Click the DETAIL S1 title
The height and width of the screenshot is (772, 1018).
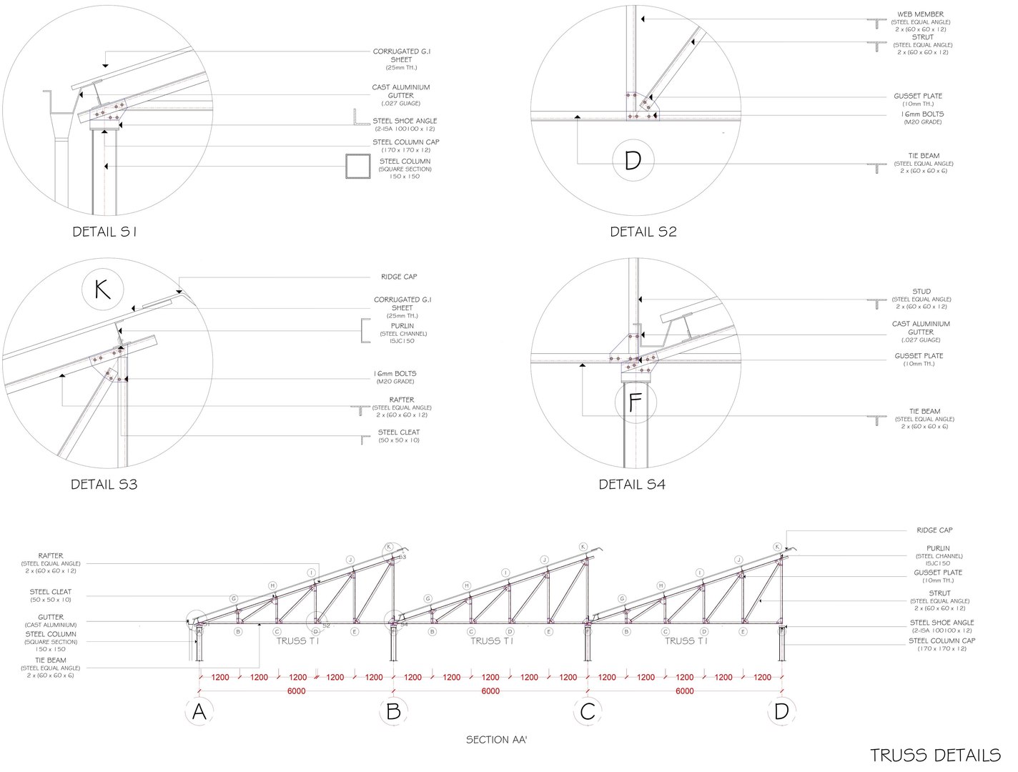click(x=104, y=232)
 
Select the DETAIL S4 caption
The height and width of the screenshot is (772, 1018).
click(x=632, y=485)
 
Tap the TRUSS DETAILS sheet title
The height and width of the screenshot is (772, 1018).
click(x=935, y=755)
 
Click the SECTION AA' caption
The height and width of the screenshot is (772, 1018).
click(x=497, y=740)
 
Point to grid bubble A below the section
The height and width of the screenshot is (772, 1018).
click(x=199, y=711)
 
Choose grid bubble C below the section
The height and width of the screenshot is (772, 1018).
click(x=588, y=711)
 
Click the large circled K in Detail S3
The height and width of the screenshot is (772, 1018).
click(x=103, y=290)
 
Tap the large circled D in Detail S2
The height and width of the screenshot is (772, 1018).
click(x=633, y=161)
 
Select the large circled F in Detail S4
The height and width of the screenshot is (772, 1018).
click(x=635, y=403)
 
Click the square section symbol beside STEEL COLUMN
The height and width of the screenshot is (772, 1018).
click(x=357, y=167)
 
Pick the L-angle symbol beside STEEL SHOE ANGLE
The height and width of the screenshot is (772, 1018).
click(x=361, y=119)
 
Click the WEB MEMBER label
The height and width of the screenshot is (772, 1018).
click(x=920, y=14)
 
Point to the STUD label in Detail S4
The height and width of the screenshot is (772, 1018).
click(x=921, y=292)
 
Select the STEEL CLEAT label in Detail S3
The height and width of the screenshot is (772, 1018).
click(x=399, y=432)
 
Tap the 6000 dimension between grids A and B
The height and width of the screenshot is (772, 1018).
click(x=297, y=691)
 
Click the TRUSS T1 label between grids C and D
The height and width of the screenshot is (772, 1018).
click(x=686, y=641)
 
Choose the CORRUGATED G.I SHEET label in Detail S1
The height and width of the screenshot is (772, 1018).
click(x=401, y=56)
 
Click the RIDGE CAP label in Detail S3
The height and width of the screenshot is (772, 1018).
click(x=399, y=277)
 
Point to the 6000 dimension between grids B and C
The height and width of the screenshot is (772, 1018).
click(x=490, y=691)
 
